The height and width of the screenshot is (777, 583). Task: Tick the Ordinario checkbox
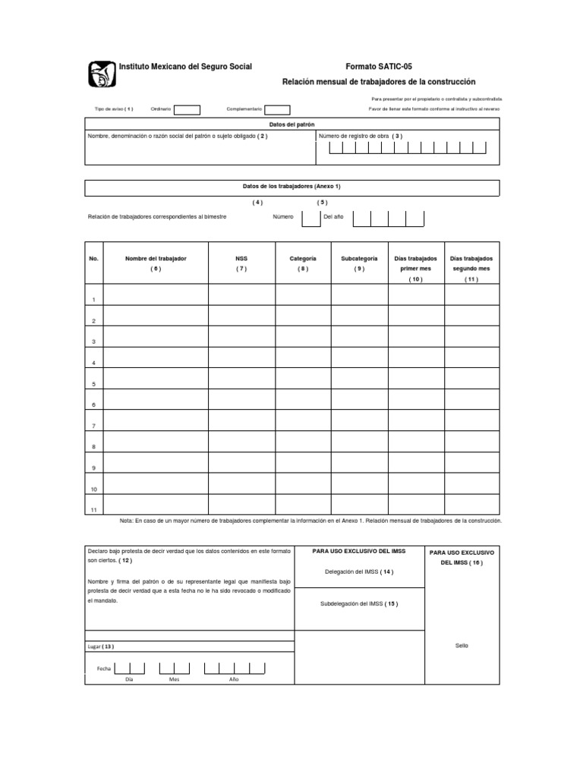click(187, 109)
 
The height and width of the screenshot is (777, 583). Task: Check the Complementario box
click(277, 109)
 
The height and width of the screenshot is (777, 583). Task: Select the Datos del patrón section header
click(291, 124)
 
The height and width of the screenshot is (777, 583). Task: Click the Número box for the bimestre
click(310, 218)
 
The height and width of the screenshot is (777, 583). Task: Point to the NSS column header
click(241, 259)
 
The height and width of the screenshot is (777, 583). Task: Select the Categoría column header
click(303, 259)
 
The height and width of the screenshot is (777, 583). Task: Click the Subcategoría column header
click(359, 259)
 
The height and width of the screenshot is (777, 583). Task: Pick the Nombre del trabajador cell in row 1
click(155, 294)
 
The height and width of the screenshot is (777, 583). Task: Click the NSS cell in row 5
click(241, 378)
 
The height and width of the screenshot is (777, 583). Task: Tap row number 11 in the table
click(93, 510)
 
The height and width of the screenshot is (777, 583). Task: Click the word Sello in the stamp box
click(462, 646)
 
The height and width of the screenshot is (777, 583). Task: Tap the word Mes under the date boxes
click(174, 679)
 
